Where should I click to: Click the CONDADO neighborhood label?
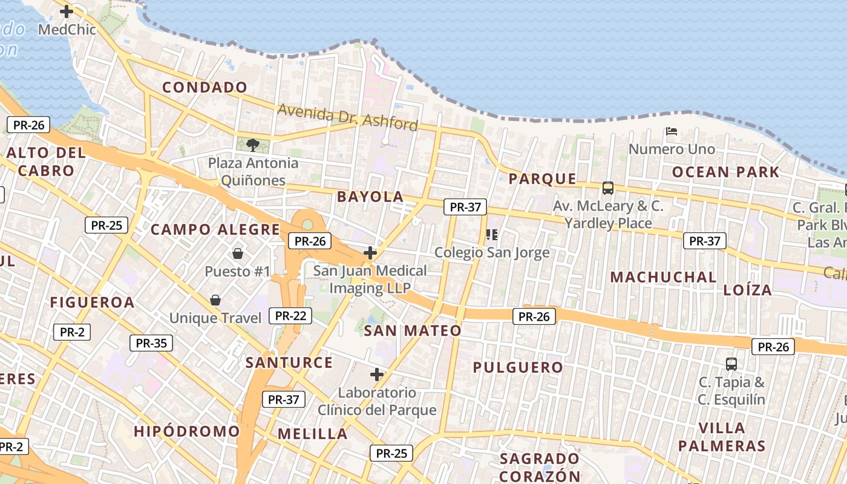205,88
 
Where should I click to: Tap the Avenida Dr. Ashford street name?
347,117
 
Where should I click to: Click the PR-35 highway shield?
151,343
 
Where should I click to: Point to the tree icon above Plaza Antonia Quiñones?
253,145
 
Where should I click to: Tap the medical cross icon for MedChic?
67,11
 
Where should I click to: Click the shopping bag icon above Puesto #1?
237,253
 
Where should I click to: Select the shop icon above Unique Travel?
215,299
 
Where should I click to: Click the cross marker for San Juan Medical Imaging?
370,253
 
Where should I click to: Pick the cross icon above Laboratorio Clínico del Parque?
377,374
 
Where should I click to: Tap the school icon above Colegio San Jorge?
491,234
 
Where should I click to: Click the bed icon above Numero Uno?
671,131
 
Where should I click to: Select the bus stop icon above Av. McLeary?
608,188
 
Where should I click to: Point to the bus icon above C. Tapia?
731,364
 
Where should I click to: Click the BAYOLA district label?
370,197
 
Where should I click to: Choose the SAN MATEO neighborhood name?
413,331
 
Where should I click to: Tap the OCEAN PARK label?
726,172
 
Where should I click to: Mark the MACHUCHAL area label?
663,278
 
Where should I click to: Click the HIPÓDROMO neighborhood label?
187,431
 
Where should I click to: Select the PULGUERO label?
518,367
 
